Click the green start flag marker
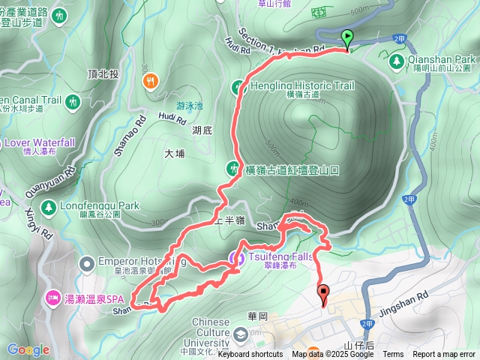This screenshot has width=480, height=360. click(x=347, y=37)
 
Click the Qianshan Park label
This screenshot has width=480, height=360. click(x=442, y=58)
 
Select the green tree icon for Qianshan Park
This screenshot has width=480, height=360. click(x=397, y=58)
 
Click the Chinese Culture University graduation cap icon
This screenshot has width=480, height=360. click(x=241, y=334)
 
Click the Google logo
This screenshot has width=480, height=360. click(x=28, y=349)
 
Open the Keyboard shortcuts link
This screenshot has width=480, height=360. click(x=250, y=354)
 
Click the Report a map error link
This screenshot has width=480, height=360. click(x=444, y=354)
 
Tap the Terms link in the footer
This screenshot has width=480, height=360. click(x=393, y=354)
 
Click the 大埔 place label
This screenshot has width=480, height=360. click(x=174, y=153)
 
